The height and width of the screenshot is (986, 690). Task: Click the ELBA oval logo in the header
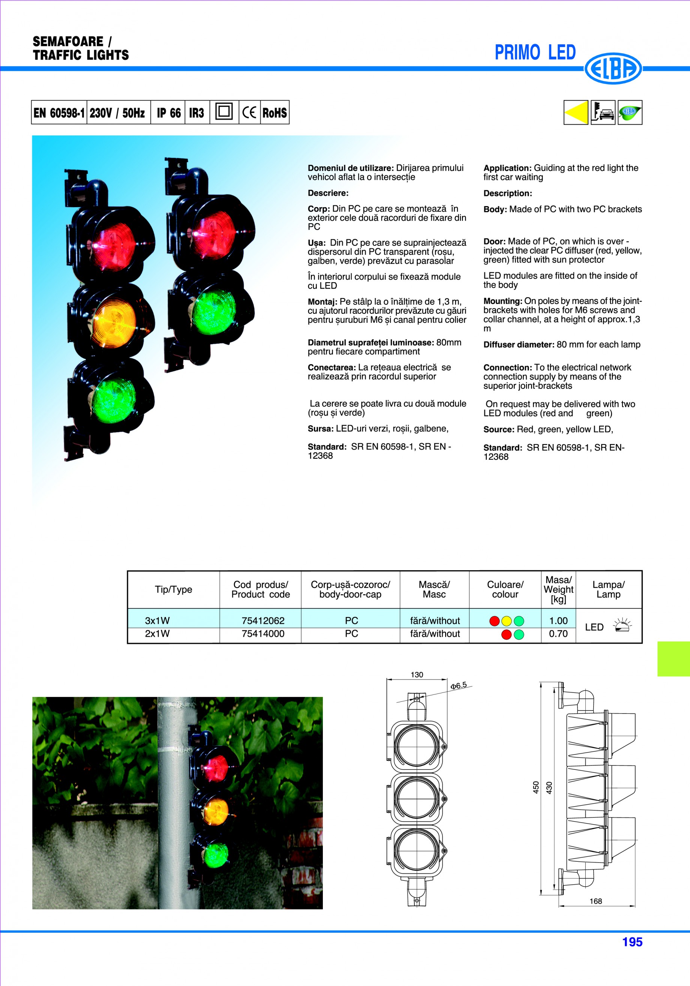[613, 68]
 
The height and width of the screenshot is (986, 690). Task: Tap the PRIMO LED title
[535, 53]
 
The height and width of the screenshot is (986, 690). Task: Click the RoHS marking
[274, 113]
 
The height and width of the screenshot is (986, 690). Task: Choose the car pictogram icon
[603, 113]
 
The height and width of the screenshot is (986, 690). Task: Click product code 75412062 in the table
[263, 620]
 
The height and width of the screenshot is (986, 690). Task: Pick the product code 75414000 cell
[263, 634]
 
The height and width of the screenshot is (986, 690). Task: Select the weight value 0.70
[558, 634]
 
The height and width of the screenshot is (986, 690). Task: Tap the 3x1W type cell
[157, 620]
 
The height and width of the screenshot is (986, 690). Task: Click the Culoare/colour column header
[505, 589]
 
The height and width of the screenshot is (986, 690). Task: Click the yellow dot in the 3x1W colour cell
[507, 621]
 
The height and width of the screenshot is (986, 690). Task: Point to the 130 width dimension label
[417, 674]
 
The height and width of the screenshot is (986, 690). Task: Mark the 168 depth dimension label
[595, 901]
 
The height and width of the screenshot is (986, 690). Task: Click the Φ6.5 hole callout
[459, 686]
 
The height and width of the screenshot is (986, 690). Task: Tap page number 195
[632, 942]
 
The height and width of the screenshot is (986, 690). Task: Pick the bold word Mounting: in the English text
[502, 301]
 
